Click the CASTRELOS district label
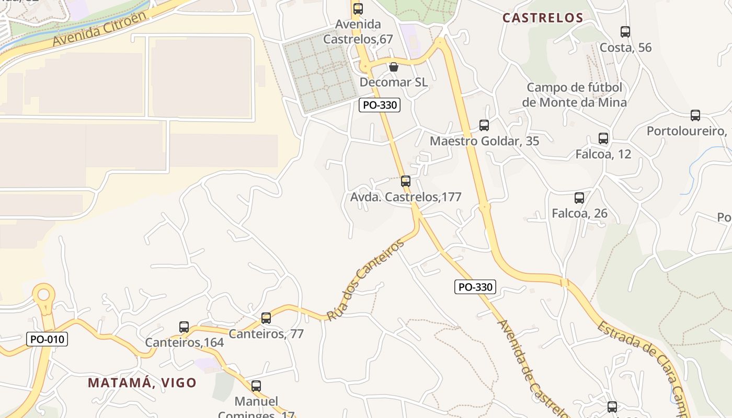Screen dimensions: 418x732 (x=543, y=18)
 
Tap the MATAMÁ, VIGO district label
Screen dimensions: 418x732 (x=142, y=382)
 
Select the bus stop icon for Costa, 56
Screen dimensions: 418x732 (x=625, y=32)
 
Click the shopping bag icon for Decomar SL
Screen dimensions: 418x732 (x=394, y=67)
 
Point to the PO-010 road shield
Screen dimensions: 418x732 (x=47, y=339)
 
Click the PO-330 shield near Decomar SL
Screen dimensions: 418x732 (x=380, y=104)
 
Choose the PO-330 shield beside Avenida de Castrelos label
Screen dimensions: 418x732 (x=475, y=287)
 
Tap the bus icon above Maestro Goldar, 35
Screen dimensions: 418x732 (x=484, y=125)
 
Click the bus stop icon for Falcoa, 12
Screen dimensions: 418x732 (x=603, y=138)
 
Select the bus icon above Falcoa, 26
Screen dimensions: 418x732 (x=579, y=198)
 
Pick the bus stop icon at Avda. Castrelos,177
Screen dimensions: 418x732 (x=405, y=181)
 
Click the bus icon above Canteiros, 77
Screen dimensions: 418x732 (x=266, y=318)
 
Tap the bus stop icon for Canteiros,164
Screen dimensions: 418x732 (x=184, y=327)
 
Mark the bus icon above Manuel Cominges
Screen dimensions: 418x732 (x=256, y=386)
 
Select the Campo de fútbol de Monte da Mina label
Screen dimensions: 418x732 (x=574, y=95)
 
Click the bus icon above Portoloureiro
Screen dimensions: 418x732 (x=695, y=115)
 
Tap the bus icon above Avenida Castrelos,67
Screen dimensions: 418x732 (x=358, y=9)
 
